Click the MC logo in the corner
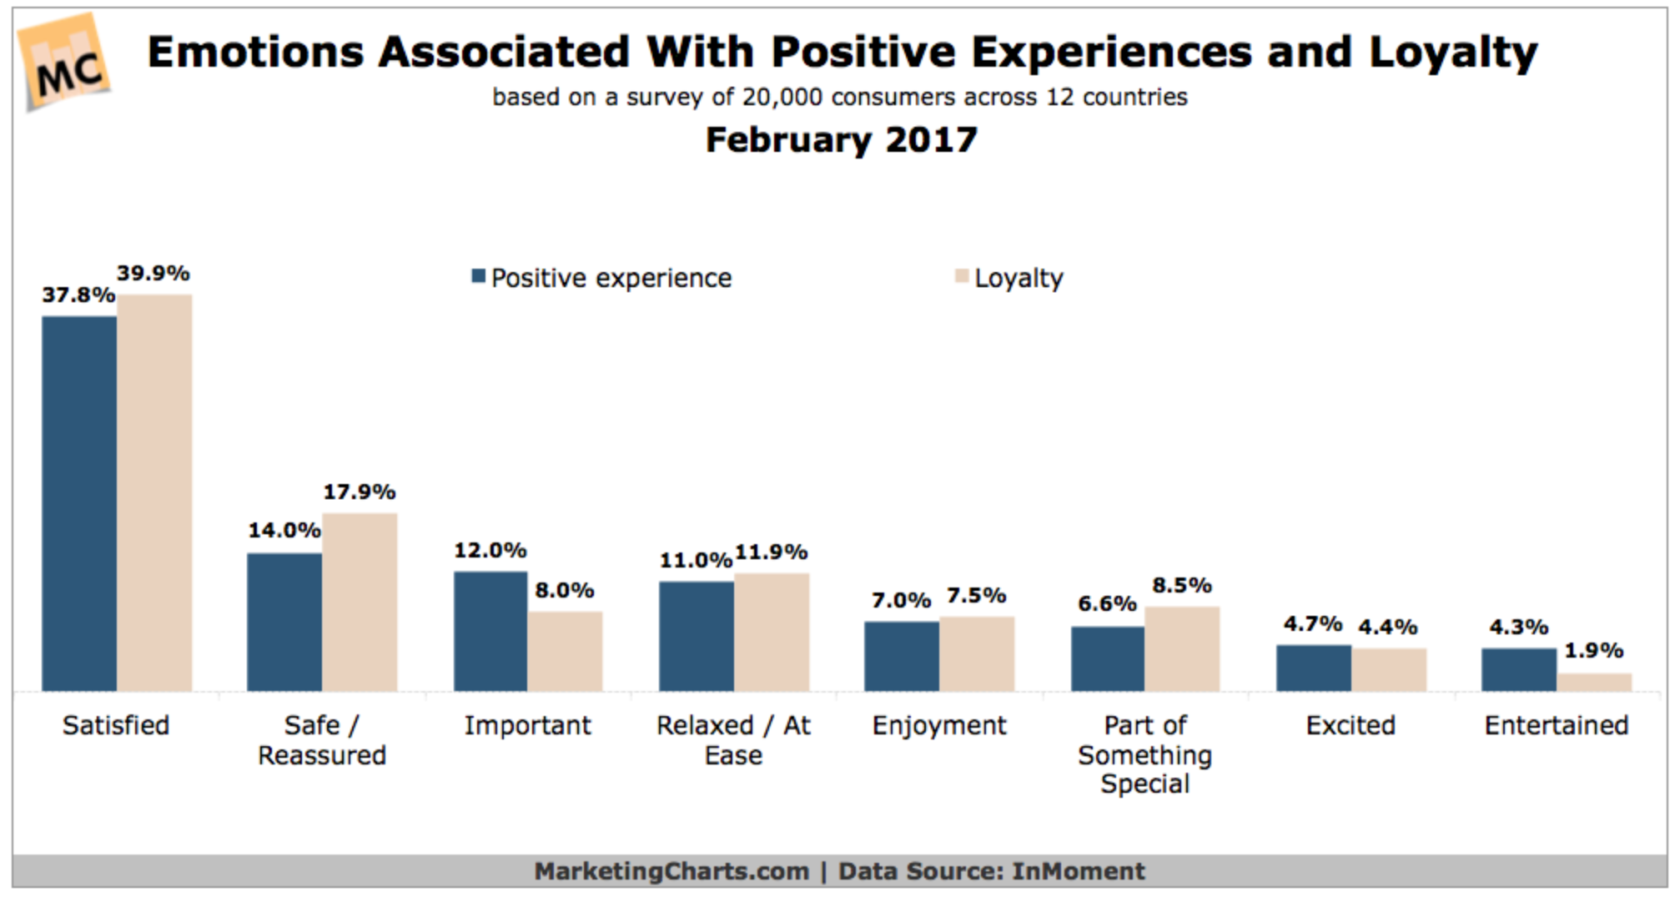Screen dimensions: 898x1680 pyautogui.click(x=65, y=63)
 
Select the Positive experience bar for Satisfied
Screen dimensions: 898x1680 pyautogui.click(x=79, y=503)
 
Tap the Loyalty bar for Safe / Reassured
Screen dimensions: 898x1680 pyautogui.click(x=360, y=602)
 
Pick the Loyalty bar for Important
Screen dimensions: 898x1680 pyautogui.click(x=565, y=651)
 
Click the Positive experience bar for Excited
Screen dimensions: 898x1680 pyautogui.click(x=1313, y=668)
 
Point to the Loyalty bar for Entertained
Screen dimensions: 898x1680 pyautogui.click(x=1593, y=682)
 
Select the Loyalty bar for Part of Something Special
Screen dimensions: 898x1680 pyautogui.click(x=1182, y=648)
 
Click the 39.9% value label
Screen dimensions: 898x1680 pyautogui.click(x=153, y=274)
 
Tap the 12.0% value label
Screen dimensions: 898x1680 pyautogui.click(x=490, y=551)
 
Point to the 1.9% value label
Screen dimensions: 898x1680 pyautogui.click(x=1593, y=651)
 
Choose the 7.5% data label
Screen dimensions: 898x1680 pyautogui.click(x=976, y=596)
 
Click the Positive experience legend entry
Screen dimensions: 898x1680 pyautogui.click(x=601, y=278)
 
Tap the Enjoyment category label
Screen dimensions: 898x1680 pyautogui.click(x=939, y=726)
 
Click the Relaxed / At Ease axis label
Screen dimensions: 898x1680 pyautogui.click(x=733, y=739)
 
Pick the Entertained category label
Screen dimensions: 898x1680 pyautogui.click(x=1556, y=726)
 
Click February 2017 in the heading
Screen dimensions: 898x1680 pyautogui.click(x=841, y=140)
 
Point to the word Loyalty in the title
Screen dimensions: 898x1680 pyautogui.click(x=1452, y=53)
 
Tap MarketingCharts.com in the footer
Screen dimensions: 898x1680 pyautogui.click(x=671, y=871)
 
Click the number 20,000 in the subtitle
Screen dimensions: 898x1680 pyautogui.click(x=782, y=98)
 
